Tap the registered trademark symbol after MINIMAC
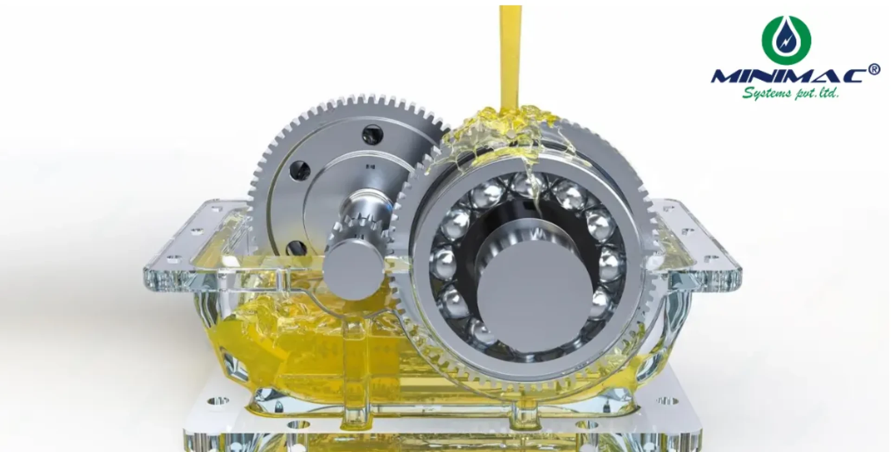point(873,70)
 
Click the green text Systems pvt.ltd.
point(790,93)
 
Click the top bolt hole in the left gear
point(372,135)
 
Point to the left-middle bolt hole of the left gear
point(300,170)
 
